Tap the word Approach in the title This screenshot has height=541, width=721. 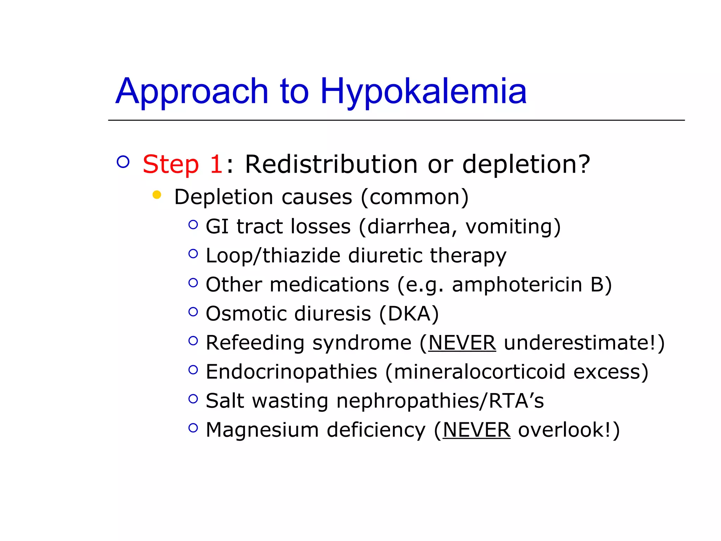pos(192,92)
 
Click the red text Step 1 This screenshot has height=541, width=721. pos(182,164)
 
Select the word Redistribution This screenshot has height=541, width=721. pos(331,164)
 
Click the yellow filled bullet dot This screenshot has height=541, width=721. pos(157,195)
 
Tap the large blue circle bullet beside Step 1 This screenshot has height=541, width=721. pos(123,162)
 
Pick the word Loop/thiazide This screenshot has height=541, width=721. pos(273,255)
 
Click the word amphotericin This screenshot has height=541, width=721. pos(517,285)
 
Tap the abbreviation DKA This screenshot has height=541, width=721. pos(409,313)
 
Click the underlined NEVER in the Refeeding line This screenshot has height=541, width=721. pos(462,343)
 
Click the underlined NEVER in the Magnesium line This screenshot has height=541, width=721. pos(476,430)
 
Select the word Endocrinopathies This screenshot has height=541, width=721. pos(291,372)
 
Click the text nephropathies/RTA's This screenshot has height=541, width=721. pos(440,401)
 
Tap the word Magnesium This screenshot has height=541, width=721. pos(262,430)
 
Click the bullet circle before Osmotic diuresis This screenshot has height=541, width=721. pos(193,312)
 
